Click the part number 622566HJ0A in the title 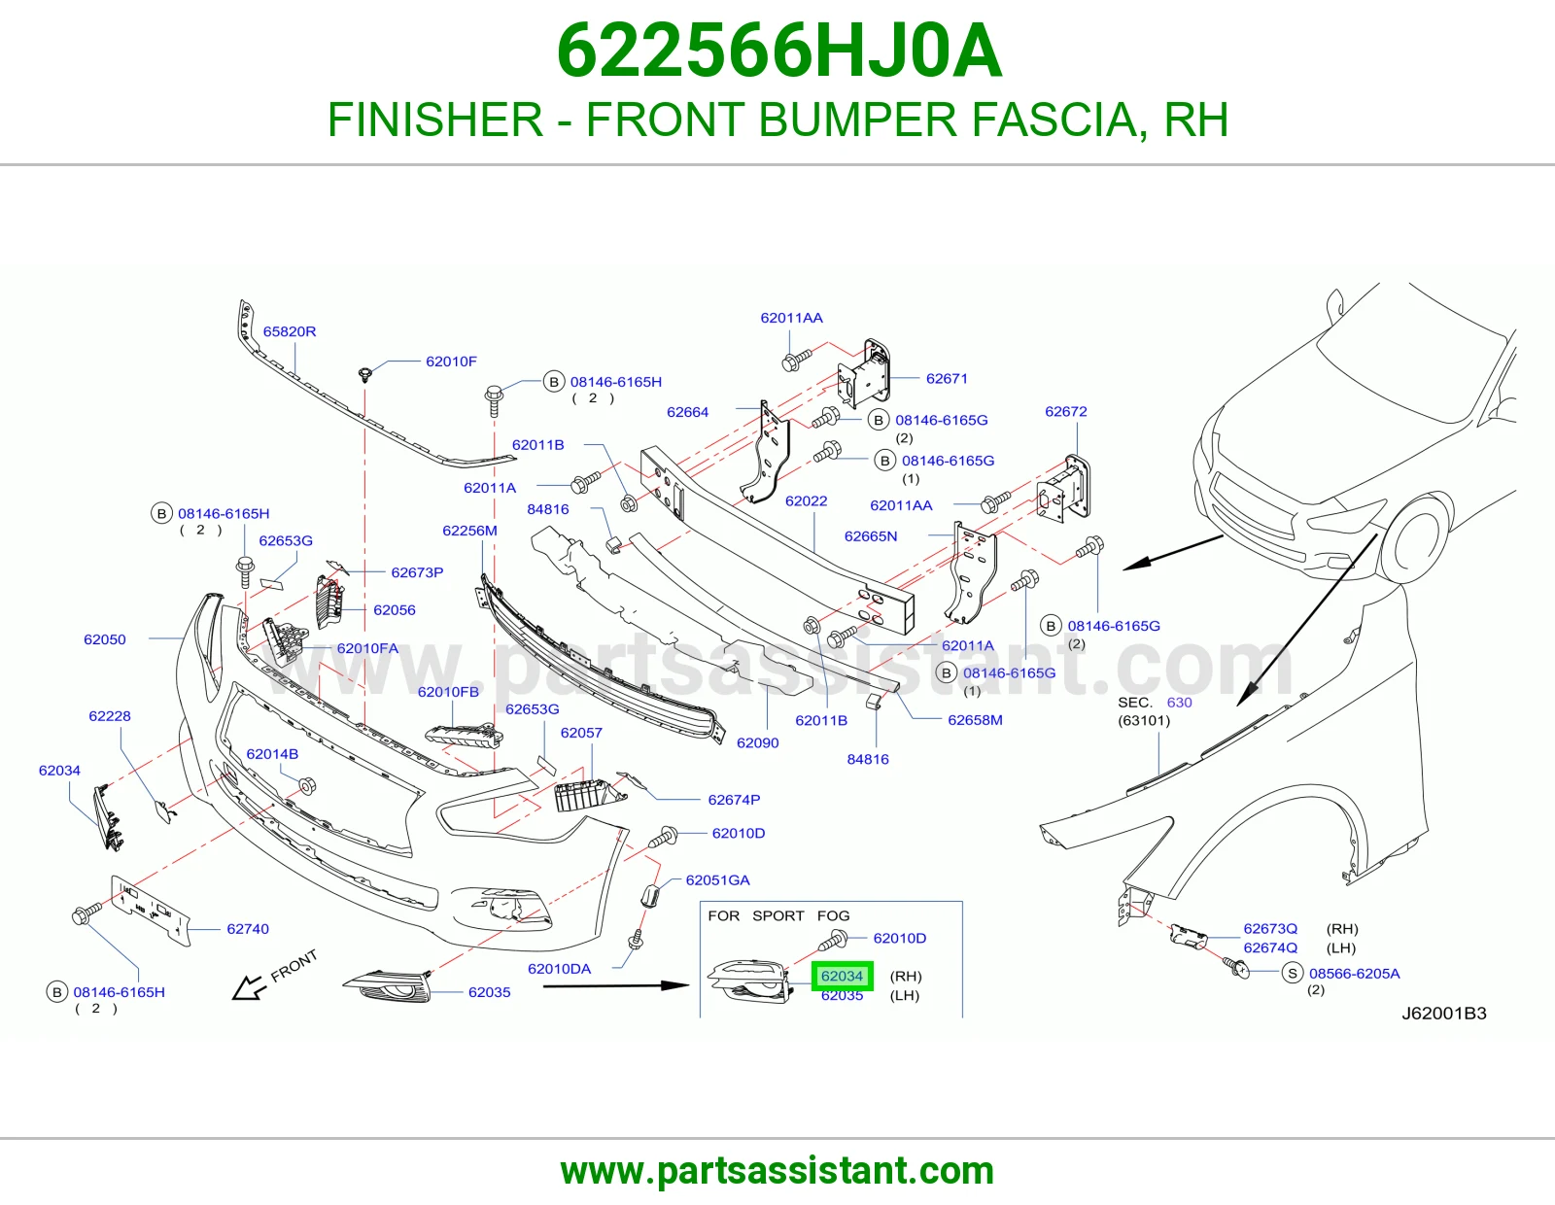[x=779, y=52]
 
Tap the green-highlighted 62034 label [x=843, y=976]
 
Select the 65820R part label [x=289, y=331]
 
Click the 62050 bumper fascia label [x=105, y=639]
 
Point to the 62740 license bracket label [x=248, y=929]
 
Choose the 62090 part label [x=758, y=742]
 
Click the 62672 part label [x=1065, y=411]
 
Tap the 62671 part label [x=947, y=379]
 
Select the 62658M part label [x=975, y=720]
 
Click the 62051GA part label [x=718, y=880]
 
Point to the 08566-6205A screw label [x=1354, y=973]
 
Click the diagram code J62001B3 [x=1444, y=1014]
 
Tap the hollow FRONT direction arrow [x=248, y=987]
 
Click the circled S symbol [x=1293, y=973]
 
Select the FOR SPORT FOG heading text [x=778, y=916]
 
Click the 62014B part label [x=272, y=754]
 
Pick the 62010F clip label [x=451, y=361]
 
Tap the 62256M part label [x=469, y=531]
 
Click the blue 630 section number [x=1179, y=703]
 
